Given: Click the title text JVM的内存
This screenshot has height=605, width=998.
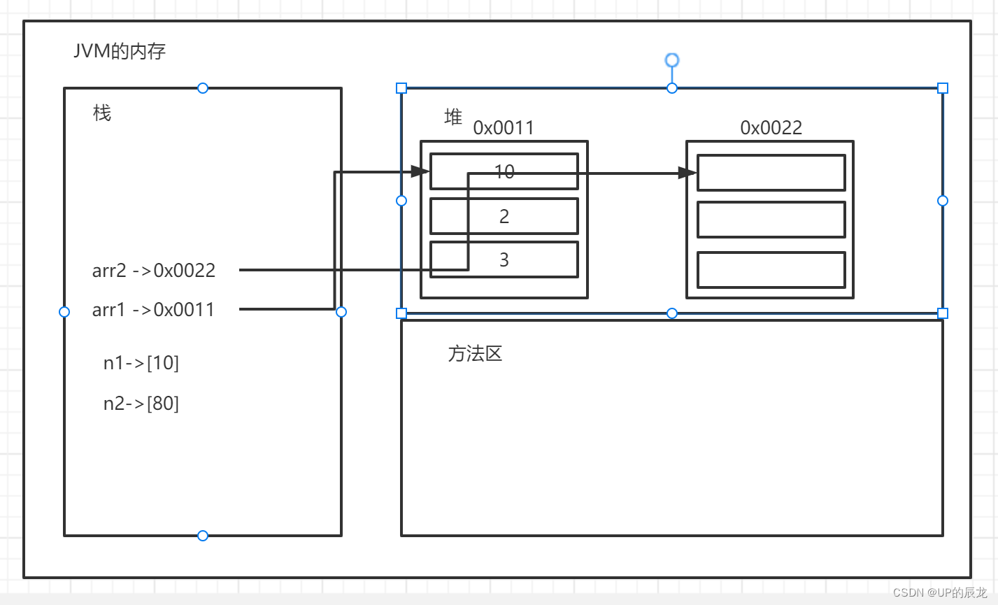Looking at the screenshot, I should coord(120,51).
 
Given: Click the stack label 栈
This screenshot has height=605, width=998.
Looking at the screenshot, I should coord(102,113).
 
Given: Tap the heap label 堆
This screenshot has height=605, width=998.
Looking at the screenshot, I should coord(453,117).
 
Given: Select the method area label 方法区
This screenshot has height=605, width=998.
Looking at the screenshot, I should coord(476,354).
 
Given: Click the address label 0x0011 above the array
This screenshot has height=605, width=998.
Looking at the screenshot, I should coord(504,127).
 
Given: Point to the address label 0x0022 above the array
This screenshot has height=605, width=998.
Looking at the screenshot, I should coord(771,127).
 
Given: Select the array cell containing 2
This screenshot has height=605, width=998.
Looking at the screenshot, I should coord(504,216).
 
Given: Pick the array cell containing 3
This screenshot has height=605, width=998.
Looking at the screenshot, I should coord(518,259).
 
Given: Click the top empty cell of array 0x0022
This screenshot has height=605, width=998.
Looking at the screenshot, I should coord(771,173).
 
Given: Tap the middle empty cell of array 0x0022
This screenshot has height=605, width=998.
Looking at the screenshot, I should coord(771,220).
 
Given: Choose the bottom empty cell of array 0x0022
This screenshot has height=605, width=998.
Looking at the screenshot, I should coord(771,270).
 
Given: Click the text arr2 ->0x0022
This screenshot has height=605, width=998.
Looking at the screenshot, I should coord(154,271).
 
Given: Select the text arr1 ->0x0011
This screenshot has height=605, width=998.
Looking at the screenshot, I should coord(153,309).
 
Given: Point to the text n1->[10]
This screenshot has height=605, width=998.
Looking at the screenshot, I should coord(141,363).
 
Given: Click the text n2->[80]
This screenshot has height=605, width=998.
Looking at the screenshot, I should coord(141,404).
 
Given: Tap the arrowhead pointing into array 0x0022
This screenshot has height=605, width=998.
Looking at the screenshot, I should coord(688,173).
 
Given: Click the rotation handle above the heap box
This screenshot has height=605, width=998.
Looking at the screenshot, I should coord(672,60).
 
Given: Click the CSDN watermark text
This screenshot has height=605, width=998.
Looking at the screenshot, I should coord(939,592).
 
